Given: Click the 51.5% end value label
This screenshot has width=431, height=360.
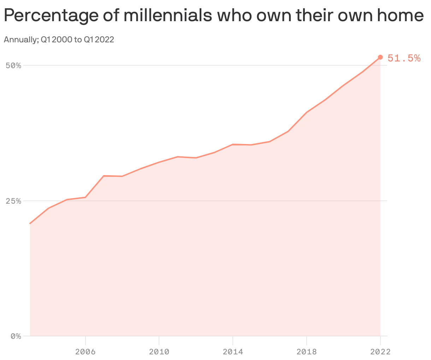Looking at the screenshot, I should pos(404,58).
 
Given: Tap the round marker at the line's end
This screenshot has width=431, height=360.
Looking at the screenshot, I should pos(380,57).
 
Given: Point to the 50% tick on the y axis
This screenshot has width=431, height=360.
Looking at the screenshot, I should pos(14,66).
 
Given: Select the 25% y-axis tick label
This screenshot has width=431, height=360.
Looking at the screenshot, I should pos(14,201).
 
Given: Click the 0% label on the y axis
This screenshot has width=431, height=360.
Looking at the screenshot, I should pos(16,336).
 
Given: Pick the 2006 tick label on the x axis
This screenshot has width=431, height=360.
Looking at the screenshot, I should pos(85,352).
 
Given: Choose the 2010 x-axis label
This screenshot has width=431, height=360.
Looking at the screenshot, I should pos(159,352).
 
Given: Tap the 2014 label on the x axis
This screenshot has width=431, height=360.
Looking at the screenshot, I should pos(233,352).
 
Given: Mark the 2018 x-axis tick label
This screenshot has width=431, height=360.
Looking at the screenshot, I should pos(307,352).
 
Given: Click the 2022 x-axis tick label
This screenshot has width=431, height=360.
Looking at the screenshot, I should pos(380,352).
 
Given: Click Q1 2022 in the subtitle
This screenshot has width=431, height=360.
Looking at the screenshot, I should pos(99,40).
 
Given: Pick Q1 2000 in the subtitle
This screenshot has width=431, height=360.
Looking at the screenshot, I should pos(57,40).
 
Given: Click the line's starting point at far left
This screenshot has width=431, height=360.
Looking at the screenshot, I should pos(30,223).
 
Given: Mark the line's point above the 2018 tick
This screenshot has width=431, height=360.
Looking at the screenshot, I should pos(307,112).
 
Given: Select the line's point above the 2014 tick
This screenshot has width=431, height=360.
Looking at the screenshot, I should pos(233,144).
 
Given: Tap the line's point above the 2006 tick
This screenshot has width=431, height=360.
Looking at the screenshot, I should pos(85,197).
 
